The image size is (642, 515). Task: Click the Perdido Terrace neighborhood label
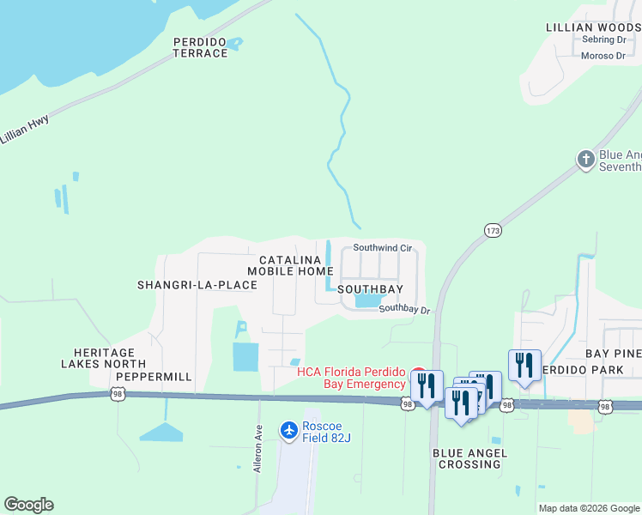coord(200,47)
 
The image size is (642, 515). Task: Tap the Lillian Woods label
coord(593,27)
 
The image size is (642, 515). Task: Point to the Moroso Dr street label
coord(603,56)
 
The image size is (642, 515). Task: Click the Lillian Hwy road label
coord(24,131)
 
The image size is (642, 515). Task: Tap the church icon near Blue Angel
coord(585,159)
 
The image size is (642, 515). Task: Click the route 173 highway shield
coord(492,231)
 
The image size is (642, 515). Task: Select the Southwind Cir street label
coord(383,247)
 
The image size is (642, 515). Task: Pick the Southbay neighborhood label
coord(370,290)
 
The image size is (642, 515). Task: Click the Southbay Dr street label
coord(403,309)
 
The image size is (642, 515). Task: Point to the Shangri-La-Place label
coord(197,285)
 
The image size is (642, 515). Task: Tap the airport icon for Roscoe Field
coord(289,428)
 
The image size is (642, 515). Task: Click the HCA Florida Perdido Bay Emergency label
coord(350,378)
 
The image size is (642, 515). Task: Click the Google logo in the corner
coord(28,505)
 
